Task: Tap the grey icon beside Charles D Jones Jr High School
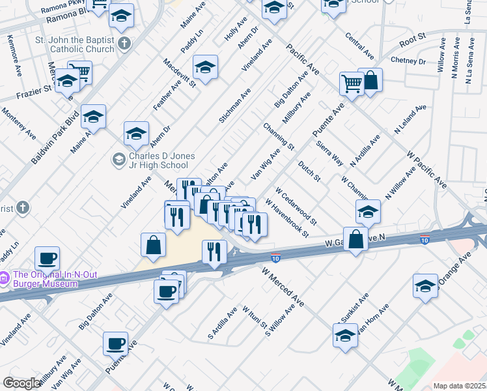pyautogui.click(x=118, y=158)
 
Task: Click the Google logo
pyautogui.click(x=21, y=383)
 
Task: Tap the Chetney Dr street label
pyautogui.click(x=408, y=61)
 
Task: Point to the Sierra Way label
pyautogui.click(x=329, y=152)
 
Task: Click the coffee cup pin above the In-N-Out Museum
pyautogui.click(x=47, y=257)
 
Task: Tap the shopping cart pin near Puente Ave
pyautogui.click(x=352, y=83)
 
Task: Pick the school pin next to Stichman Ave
pyautogui.click(x=205, y=66)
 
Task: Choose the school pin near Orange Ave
pyautogui.click(x=425, y=285)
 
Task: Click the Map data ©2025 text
pyautogui.click(x=458, y=386)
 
